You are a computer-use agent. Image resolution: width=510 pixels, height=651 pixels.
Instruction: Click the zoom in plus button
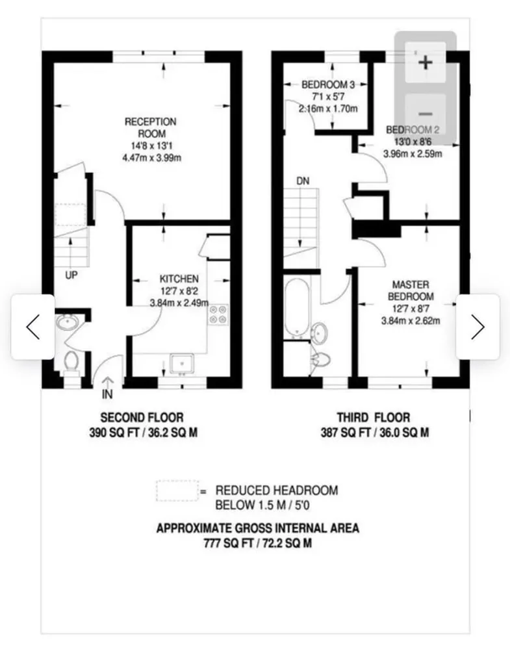point(426,62)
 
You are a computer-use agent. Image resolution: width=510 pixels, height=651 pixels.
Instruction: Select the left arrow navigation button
point(32,327)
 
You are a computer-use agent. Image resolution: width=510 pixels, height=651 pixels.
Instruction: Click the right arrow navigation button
point(478,327)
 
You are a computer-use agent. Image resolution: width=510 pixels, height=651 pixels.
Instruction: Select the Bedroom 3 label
point(328,84)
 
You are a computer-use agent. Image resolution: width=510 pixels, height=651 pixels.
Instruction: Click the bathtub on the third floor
point(296,308)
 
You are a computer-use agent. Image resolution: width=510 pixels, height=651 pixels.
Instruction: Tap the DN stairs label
point(303,181)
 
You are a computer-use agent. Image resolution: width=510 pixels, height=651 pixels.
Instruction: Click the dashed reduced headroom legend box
point(176,491)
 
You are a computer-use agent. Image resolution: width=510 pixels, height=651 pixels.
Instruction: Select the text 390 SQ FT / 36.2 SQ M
point(142,431)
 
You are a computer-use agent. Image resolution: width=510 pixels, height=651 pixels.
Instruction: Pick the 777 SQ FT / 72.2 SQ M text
point(257,542)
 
